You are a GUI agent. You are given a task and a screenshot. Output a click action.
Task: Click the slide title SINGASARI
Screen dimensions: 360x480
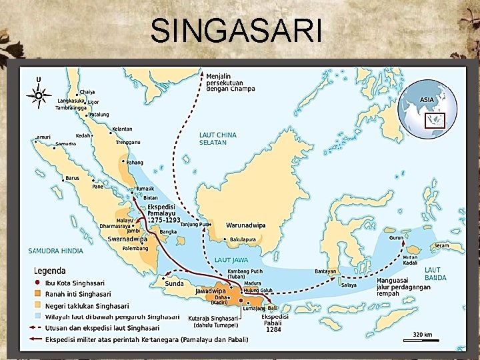pyautogui.click(x=236, y=31)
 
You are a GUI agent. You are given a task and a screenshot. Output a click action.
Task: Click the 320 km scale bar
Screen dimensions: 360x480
pyautogui.click(x=421, y=335)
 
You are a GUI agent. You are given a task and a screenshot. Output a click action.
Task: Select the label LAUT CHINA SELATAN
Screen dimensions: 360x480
pyautogui.click(x=217, y=139)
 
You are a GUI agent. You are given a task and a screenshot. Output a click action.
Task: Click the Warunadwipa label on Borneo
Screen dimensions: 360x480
pyautogui.click(x=245, y=225)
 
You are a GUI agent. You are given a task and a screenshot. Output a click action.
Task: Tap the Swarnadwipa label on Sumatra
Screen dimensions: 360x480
pyautogui.click(x=127, y=239)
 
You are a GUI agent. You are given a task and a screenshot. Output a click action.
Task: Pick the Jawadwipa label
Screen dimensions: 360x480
pyautogui.click(x=210, y=291)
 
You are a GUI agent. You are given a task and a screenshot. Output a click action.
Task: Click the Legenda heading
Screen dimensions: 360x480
pyautogui.click(x=50, y=271)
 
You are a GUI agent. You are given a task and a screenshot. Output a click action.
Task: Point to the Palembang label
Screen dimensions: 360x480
pyautogui.click(x=135, y=249)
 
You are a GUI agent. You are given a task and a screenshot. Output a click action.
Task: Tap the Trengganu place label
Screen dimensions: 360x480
pyautogui.click(x=127, y=142)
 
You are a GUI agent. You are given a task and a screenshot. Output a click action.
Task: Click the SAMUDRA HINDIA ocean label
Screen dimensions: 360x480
pyautogui.click(x=56, y=251)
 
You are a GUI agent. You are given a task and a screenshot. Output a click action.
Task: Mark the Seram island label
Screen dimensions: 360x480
pyautogui.click(x=441, y=245)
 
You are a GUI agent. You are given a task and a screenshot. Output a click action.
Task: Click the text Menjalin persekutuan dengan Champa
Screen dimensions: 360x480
pyautogui.click(x=230, y=83)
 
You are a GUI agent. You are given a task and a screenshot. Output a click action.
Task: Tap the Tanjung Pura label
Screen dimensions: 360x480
pyautogui.click(x=195, y=225)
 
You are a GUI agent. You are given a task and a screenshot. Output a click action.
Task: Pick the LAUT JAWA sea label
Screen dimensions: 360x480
pyautogui.click(x=231, y=259)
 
